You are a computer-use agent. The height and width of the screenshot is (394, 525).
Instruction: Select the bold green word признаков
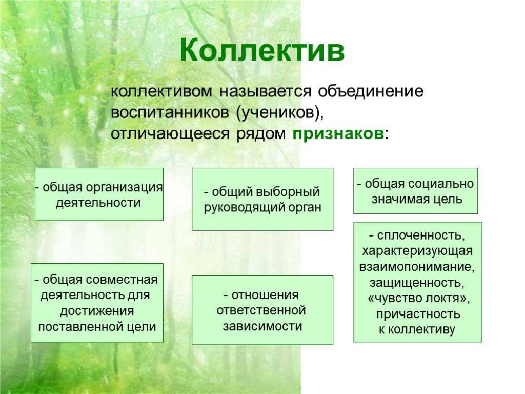338,133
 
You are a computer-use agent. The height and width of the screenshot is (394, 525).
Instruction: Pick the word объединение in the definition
371,92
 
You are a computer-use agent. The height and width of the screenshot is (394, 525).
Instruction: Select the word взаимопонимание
417,267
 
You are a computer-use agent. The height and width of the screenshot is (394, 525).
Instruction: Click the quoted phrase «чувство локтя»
418,298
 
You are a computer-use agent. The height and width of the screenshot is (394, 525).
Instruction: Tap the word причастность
418,314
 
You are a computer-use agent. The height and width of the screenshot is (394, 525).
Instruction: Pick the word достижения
97,311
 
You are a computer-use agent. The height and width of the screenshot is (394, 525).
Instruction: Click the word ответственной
261,310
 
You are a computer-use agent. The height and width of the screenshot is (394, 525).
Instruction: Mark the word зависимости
262,326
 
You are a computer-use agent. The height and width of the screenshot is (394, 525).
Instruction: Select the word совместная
122,280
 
